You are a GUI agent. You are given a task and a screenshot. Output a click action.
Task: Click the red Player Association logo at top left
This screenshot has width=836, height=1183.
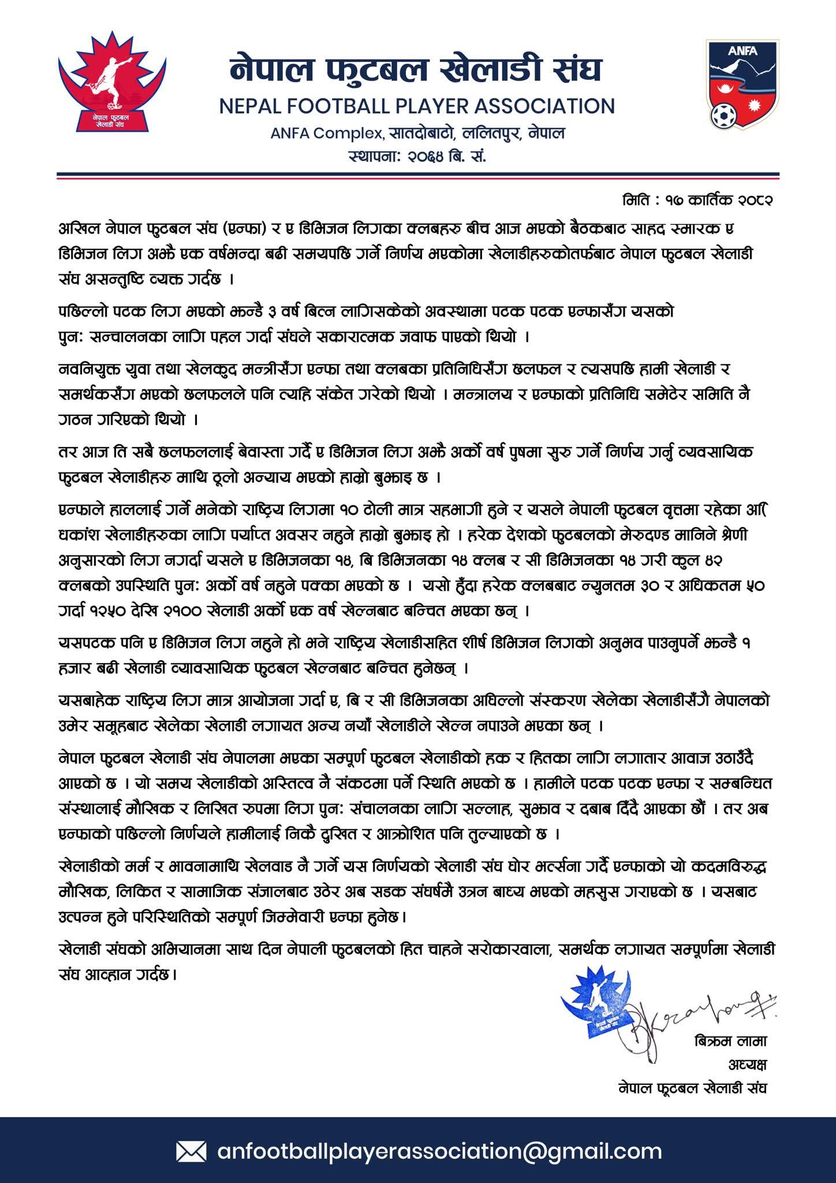[112, 82]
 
